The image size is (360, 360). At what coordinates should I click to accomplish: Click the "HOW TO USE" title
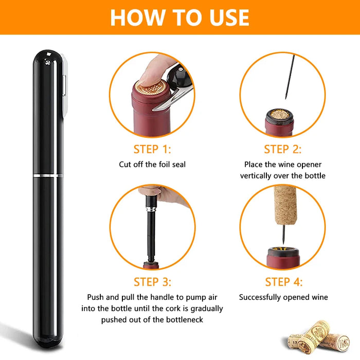coord(179,17)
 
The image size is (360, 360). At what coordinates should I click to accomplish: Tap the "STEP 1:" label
coord(152,150)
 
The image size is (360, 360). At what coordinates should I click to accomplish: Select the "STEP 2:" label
coord(283,150)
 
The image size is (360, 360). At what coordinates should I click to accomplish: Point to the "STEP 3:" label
coord(152,282)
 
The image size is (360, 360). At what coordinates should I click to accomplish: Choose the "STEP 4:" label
coord(283,282)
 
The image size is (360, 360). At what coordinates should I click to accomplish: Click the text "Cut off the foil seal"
coord(152,165)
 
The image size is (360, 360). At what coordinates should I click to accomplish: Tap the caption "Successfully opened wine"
coord(283,297)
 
